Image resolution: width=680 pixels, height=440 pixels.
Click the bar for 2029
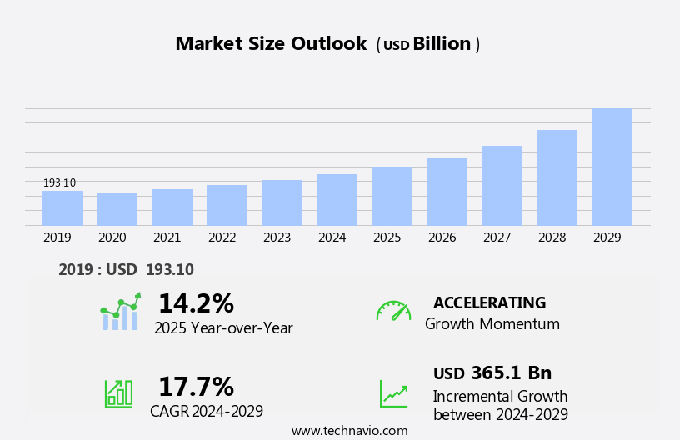coord(612,167)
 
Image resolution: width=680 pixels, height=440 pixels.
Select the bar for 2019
coord(62,208)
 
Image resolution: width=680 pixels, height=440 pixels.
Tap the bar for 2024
coord(337,200)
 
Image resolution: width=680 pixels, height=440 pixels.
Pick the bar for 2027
coord(502,186)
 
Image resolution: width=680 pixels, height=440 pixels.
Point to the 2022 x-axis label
coord(222,237)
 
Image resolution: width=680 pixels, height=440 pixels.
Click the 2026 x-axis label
coord(442,237)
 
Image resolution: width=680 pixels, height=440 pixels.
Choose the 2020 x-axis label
coord(112,237)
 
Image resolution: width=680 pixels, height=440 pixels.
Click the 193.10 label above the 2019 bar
coord(59,183)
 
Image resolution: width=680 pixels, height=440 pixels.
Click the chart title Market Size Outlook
coord(271,44)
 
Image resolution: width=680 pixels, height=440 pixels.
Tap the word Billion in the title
coord(442,44)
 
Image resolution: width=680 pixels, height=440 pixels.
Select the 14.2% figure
coord(196,303)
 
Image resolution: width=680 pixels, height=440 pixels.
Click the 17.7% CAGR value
coord(196,387)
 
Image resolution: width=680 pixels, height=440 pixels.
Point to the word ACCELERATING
coord(489,303)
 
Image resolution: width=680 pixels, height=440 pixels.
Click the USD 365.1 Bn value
coord(492,373)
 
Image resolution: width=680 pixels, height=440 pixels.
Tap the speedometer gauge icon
coord(393,311)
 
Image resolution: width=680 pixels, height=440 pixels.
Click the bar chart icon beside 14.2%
coord(120,312)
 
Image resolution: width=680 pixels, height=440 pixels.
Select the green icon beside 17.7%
coord(118,393)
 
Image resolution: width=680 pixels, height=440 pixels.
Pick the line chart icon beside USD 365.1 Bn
coord(393,393)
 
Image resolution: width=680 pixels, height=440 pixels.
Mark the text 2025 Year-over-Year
coord(223,328)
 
